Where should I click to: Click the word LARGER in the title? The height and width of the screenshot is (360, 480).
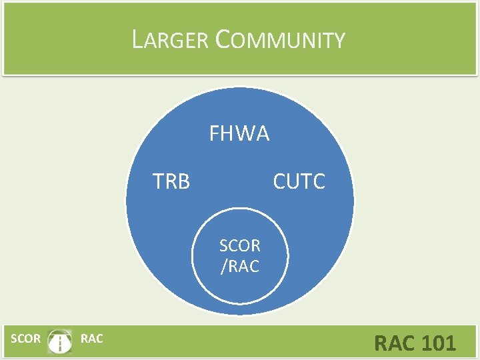(x=171, y=41)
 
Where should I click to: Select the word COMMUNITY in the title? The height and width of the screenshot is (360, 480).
(x=281, y=41)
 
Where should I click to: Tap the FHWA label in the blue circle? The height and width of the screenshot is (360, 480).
(x=239, y=134)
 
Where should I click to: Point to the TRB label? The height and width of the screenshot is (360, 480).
(x=171, y=181)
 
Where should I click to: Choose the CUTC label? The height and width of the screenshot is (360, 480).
(x=299, y=181)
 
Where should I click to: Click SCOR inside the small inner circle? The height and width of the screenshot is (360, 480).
(x=239, y=245)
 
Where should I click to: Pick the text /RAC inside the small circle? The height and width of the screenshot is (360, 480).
(x=239, y=267)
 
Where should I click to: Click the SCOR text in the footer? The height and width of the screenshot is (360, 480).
(x=26, y=339)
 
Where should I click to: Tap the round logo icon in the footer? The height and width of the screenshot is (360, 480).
(x=61, y=341)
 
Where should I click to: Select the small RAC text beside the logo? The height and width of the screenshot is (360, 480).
(x=91, y=339)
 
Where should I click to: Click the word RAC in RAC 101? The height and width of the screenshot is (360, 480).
(x=395, y=343)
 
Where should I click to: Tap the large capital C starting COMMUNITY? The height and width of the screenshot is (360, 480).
(x=223, y=40)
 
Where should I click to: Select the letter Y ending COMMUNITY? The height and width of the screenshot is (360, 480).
(x=339, y=42)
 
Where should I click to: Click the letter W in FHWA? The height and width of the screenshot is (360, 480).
(x=245, y=134)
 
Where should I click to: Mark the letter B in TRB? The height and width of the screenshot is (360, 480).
(x=183, y=181)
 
